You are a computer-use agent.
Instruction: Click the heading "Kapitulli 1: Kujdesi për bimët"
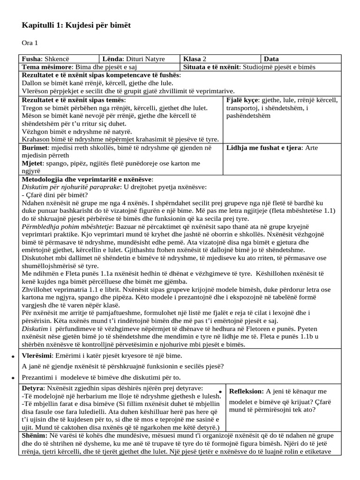click(76, 25)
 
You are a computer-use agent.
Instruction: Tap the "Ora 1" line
click(30, 44)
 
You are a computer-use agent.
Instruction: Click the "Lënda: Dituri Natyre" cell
click(134, 59)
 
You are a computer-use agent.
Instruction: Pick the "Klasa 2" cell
click(195, 59)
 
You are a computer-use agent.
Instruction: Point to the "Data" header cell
click(271, 59)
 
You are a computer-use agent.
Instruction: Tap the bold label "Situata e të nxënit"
click(211, 67)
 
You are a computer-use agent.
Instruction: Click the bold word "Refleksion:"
click(247, 391)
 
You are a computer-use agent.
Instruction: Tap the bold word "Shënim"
click(35, 436)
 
